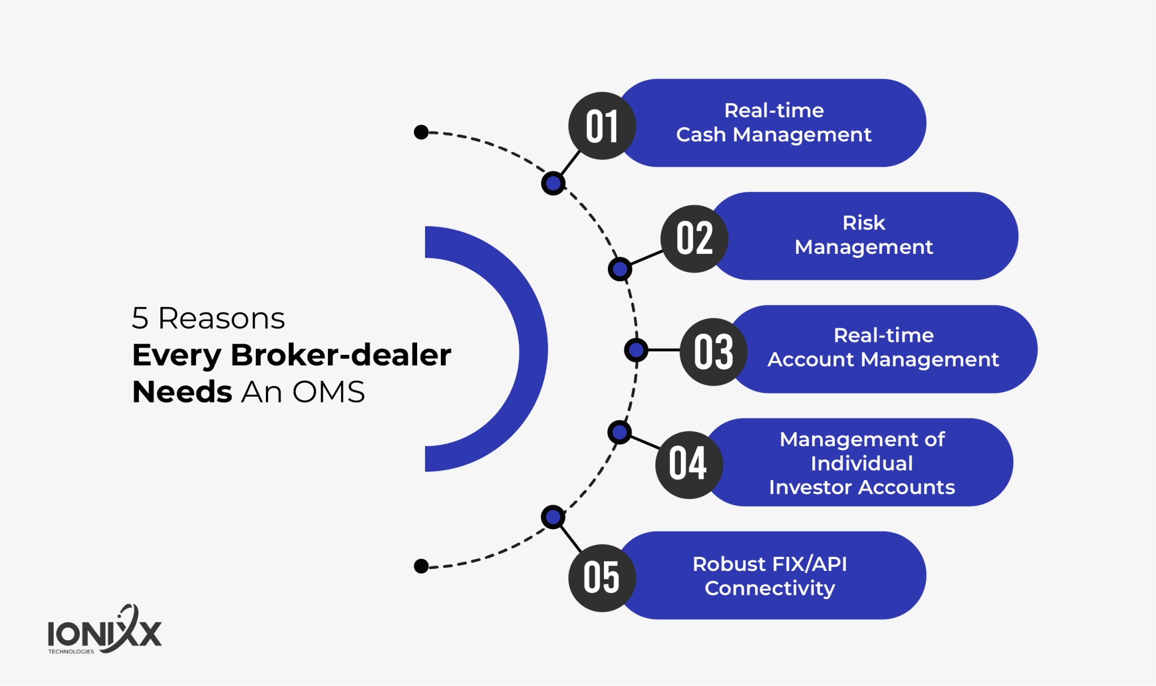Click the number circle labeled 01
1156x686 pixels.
click(602, 126)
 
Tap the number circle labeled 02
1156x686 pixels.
click(694, 239)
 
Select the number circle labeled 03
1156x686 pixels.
click(713, 352)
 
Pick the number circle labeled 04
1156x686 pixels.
click(689, 465)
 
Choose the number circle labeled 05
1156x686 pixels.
click(602, 578)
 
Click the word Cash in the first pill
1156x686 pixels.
click(700, 135)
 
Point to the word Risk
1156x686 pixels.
click(864, 223)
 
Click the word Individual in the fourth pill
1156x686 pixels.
click(862, 464)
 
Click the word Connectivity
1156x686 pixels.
click(770, 588)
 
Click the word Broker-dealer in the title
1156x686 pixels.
click(341, 355)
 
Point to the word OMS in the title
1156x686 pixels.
click(329, 392)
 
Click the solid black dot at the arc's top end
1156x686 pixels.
click(421, 132)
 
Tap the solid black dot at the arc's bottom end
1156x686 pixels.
click(421, 566)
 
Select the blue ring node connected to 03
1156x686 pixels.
click(636, 350)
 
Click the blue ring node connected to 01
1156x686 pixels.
click(553, 183)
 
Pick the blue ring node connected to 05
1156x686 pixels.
click(553, 517)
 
